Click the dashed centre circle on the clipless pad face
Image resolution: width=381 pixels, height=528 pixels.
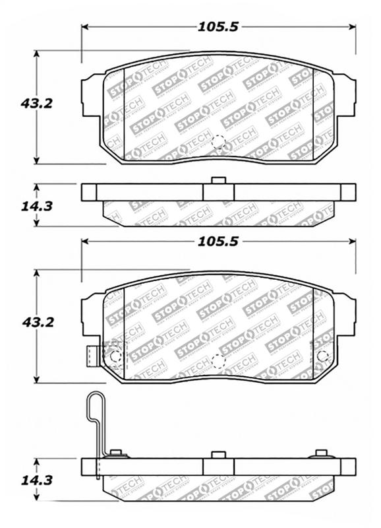click(218, 142)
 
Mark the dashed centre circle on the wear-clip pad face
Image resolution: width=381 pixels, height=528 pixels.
click(218, 361)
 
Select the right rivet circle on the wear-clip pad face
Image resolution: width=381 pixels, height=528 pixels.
click(322, 356)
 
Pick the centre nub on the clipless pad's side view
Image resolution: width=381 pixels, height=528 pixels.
click(218, 181)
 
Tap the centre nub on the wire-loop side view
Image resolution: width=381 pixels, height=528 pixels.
click(218, 455)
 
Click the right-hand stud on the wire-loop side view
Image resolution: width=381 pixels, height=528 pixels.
click(322, 453)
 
